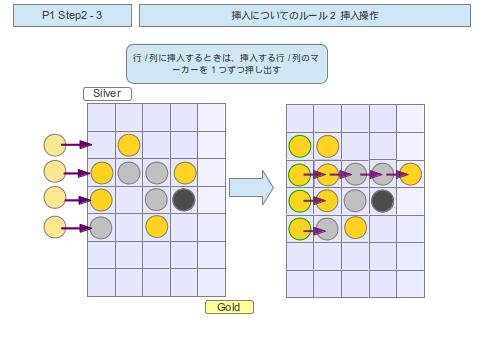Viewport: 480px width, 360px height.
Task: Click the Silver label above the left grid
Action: point(107,94)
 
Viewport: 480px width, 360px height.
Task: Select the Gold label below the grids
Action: point(229,307)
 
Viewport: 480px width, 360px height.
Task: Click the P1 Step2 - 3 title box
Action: point(71,16)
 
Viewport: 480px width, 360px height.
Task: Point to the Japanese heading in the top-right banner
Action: point(305,16)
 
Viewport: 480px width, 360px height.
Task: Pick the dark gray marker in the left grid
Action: point(183,199)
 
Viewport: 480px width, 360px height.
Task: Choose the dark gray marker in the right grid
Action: point(382,200)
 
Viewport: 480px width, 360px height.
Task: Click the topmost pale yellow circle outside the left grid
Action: point(55,145)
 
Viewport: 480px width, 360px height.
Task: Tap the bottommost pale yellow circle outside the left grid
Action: point(55,227)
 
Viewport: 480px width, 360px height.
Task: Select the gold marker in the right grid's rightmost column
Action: point(410,174)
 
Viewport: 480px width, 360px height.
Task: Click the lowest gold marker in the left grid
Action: point(156,226)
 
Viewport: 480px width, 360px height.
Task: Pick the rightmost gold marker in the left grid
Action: point(184,172)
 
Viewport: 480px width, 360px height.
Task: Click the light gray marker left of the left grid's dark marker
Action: point(156,199)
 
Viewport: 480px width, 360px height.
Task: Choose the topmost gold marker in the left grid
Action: point(129,145)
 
